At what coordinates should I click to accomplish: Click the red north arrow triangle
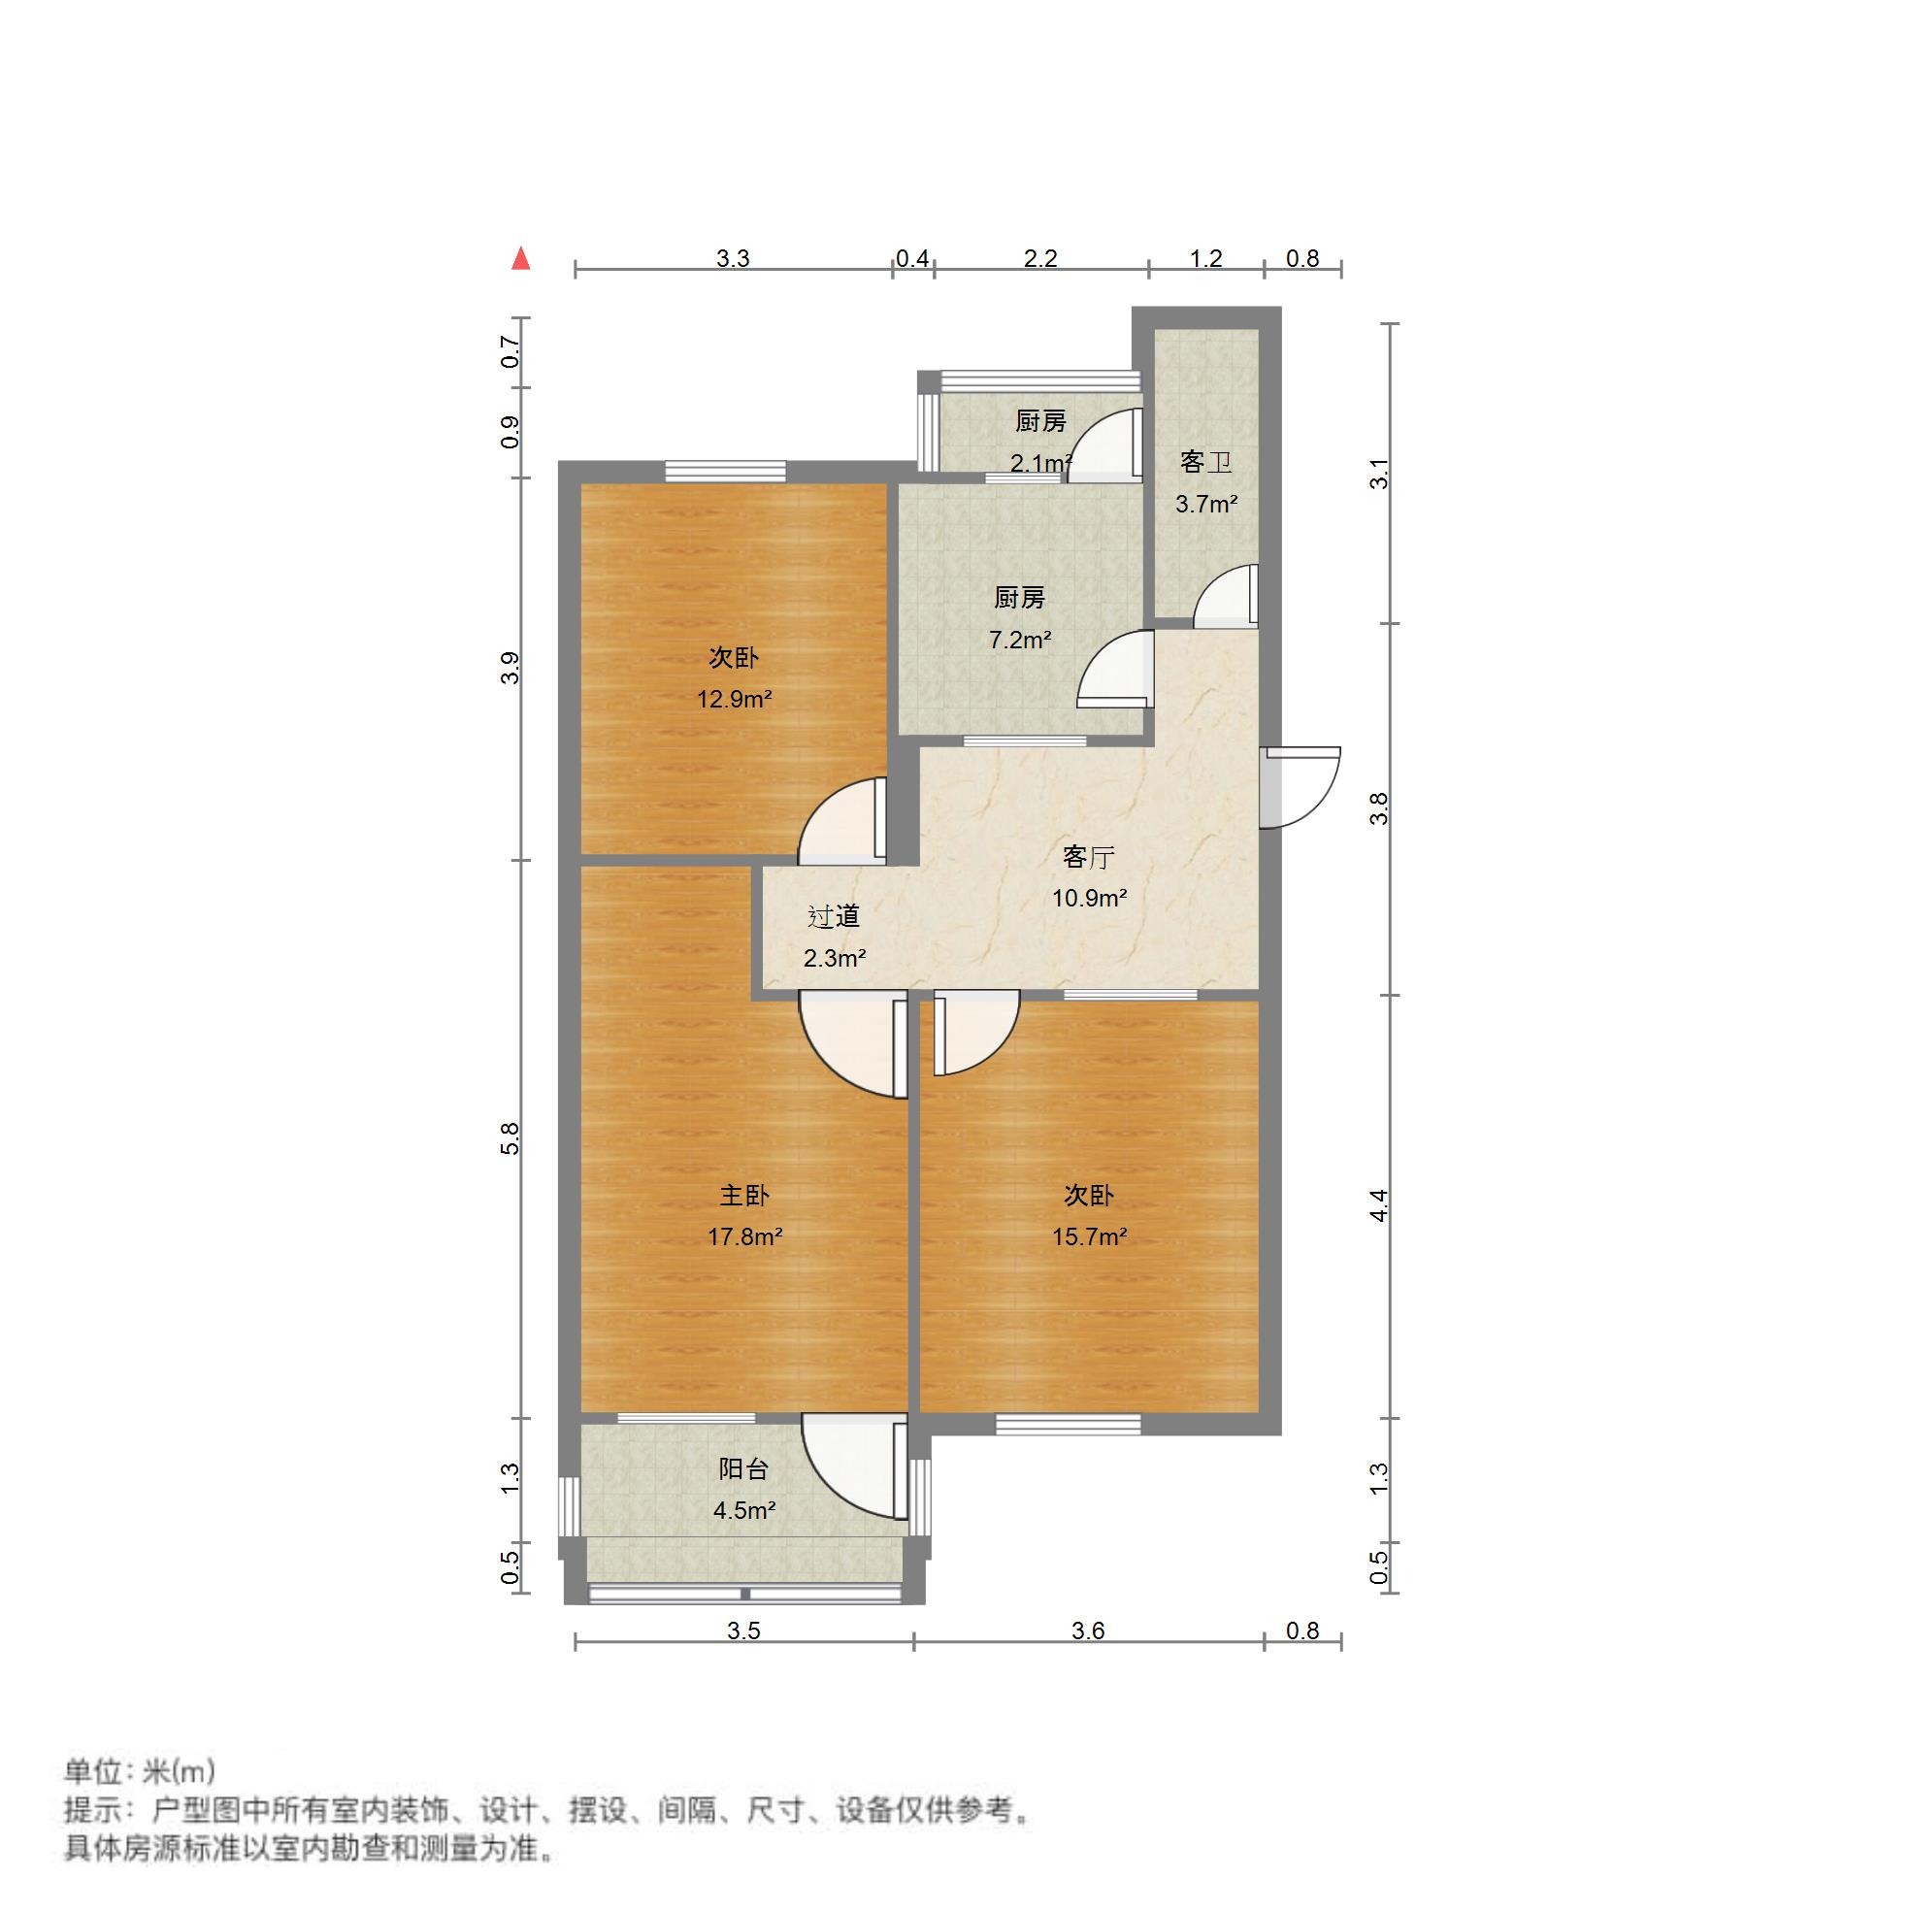coord(521,259)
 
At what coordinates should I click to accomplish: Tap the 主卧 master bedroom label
coord(743,1196)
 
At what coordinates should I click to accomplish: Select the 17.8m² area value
coord(744,1236)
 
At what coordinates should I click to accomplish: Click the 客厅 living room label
coord(1089,857)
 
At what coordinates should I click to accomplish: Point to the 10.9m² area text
coord(1090,899)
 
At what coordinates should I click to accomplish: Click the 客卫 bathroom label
coord(1206,462)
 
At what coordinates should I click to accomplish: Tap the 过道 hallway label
coord(834,916)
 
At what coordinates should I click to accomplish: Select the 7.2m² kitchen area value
coord(1019,640)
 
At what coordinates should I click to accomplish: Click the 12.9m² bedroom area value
coord(734,700)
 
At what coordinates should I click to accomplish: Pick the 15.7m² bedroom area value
coord(1090,1236)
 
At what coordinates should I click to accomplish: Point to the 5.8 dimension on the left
coord(510,1137)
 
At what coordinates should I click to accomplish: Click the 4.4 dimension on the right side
coord(1380,1205)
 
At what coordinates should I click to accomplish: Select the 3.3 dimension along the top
coord(733,259)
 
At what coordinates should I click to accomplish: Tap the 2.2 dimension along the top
coord(1040,259)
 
